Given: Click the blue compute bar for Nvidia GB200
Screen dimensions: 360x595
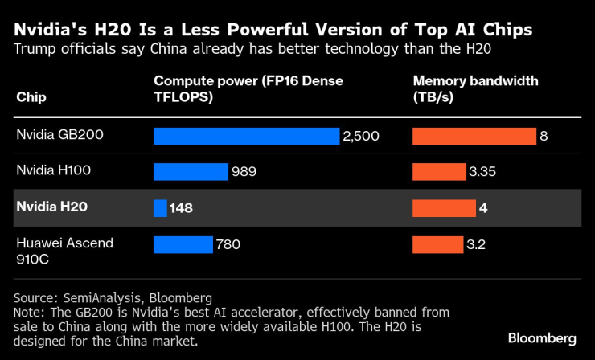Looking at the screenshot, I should (246, 136).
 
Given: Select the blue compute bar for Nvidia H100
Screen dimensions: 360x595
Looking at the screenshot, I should (191, 172).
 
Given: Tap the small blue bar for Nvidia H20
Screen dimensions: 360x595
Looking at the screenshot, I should (160, 208).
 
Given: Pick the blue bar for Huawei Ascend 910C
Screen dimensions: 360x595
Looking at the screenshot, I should (183, 244).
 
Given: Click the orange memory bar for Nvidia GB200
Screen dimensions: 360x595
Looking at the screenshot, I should (474, 136).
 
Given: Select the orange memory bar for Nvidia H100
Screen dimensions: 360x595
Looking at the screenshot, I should (438, 172).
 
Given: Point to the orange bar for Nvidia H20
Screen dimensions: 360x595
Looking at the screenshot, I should (444, 208).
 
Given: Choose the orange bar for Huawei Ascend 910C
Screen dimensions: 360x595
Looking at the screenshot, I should (437, 244).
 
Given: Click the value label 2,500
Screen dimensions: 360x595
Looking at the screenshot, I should (361, 137).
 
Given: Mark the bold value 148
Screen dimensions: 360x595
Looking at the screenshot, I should (182, 208).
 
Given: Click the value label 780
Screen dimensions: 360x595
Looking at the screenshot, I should (227, 244).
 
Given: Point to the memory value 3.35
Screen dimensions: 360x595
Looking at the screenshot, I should (482, 173).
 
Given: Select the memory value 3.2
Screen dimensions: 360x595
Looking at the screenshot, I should (475, 244).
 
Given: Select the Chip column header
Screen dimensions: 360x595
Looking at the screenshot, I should (31, 97).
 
